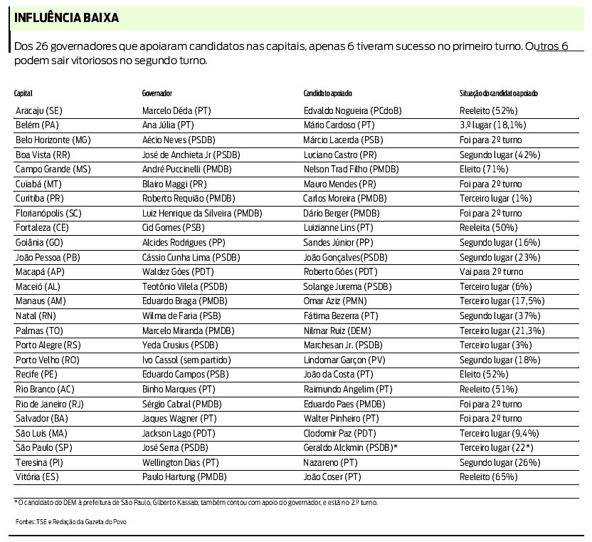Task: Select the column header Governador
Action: (157, 93)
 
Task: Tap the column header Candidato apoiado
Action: (327, 93)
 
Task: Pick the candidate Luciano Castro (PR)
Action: (340, 155)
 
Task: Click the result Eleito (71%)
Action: (484, 169)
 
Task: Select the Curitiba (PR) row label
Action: (39, 198)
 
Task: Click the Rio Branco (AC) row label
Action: (43, 389)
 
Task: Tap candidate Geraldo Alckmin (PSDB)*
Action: (350, 447)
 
